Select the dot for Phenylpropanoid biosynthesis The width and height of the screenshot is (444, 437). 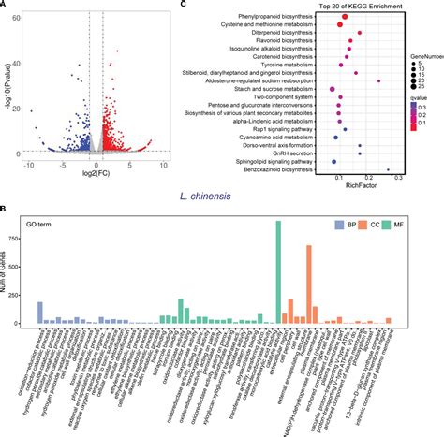click(345, 17)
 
